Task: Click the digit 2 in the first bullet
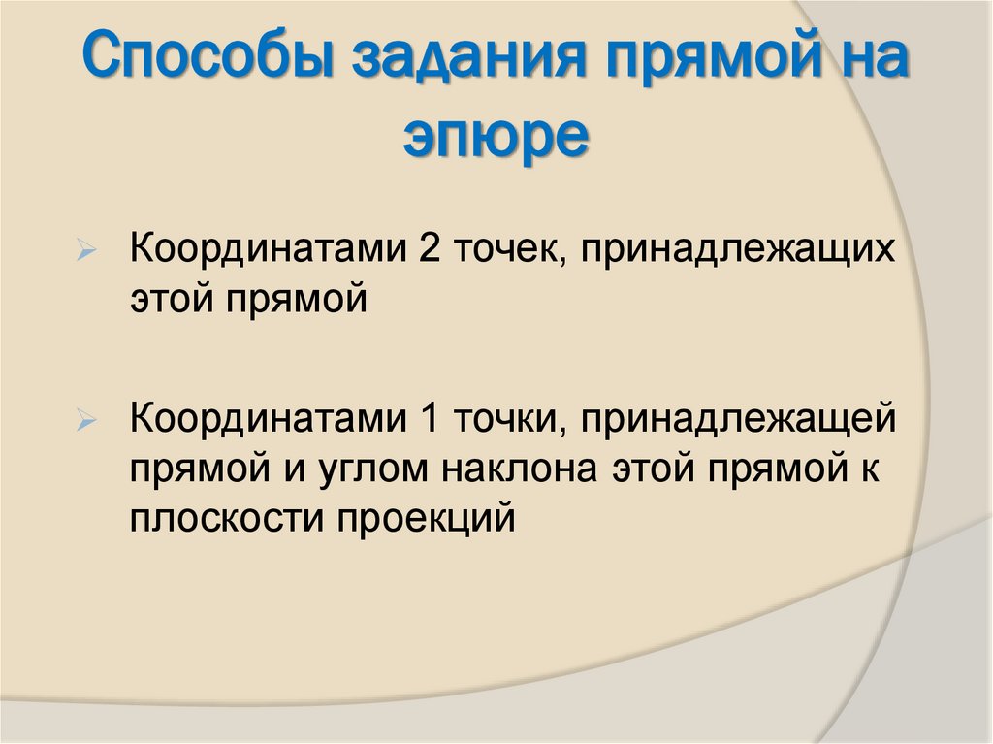point(430,250)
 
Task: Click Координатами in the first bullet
point(270,250)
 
